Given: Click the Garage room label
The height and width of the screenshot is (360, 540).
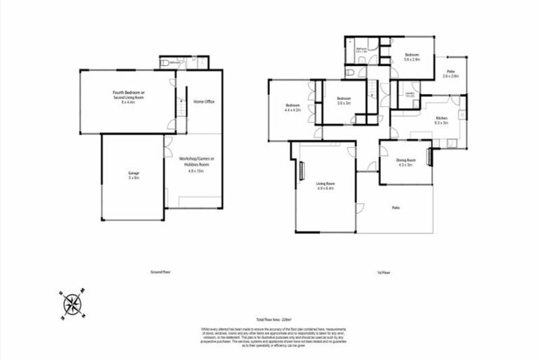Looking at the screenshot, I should pos(133,175).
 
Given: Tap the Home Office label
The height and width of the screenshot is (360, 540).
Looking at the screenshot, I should pos(204,102).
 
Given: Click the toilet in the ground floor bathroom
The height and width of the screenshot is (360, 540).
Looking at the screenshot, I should pos(165,63).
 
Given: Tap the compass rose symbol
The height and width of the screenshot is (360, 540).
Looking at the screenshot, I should pos(72,304).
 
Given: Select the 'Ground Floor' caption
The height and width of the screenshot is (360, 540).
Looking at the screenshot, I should pos(161,271).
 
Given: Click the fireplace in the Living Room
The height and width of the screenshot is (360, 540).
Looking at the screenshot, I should pos(302,171).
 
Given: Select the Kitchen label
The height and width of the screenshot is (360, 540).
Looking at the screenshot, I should pos(442,120).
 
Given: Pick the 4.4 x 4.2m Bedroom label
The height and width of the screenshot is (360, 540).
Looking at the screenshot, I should pos(292,108).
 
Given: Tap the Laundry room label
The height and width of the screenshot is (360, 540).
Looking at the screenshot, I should pos(409,94).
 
